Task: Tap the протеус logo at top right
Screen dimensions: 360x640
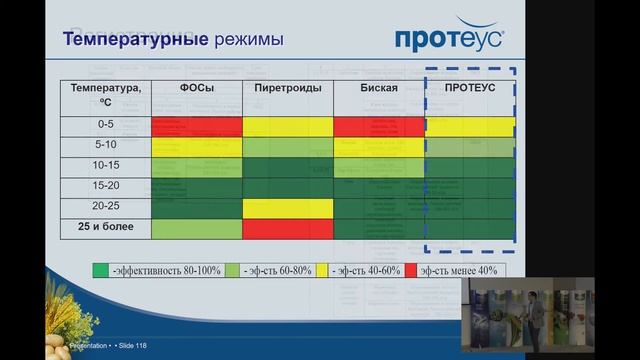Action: click(x=450, y=37)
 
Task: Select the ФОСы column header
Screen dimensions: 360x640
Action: click(x=196, y=88)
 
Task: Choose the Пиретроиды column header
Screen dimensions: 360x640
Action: click(x=287, y=88)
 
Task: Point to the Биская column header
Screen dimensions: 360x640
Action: click(x=379, y=88)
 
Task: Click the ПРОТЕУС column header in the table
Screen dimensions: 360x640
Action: click(x=470, y=88)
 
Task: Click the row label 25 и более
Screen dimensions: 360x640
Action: click(x=106, y=228)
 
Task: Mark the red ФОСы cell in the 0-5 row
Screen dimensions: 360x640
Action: click(x=196, y=127)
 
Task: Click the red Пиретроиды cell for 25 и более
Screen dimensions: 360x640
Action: click(x=287, y=229)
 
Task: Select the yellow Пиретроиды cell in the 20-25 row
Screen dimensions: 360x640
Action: click(x=287, y=208)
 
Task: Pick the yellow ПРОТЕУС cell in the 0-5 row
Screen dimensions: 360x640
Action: click(x=470, y=127)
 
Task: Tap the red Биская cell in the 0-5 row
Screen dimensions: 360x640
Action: click(x=379, y=127)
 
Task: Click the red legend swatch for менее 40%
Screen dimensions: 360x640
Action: click(x=411, y=270)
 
